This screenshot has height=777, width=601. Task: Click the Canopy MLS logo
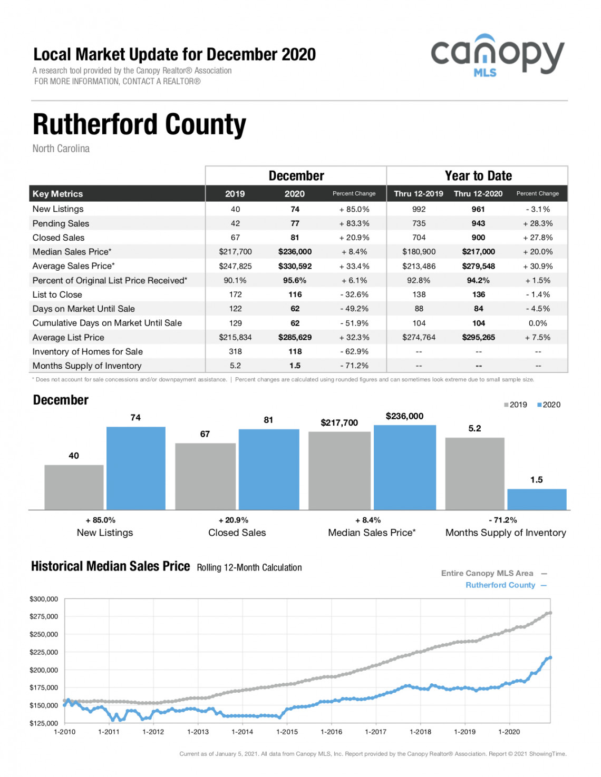(x=498, y=56)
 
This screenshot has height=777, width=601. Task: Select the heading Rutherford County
(x=139, y=124)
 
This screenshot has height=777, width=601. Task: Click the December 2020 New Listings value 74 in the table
(x=295, y=209)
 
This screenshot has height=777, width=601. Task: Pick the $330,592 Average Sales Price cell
(x=295, y=266)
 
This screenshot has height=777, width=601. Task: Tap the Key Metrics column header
(x=57, y=194)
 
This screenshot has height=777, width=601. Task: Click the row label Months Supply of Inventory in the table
(x=87, y=366)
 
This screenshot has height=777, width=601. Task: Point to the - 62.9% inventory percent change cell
(x=354, y=351)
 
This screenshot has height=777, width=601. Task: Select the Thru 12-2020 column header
(x=478, y=194)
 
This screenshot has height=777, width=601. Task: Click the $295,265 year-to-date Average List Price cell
(x=478, y=337)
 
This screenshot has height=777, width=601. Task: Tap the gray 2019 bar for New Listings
(x=74, y=487)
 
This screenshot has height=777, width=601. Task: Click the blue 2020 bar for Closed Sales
(x=269, y=469)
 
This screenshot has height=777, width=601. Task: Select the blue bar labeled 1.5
(x=537, y=499)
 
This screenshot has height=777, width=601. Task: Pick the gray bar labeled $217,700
(x=340, y=470)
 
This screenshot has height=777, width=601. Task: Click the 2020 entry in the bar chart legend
(x=549, y=405)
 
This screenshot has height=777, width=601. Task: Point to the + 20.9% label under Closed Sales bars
(x=234, y=520)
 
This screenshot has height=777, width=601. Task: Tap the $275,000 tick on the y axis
(x=44, y=616)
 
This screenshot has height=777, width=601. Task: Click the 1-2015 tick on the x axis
(x=287, y=732)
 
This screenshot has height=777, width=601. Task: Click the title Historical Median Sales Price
(x=111, y=566)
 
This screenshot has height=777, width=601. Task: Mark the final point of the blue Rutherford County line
(x=550, y=657)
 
